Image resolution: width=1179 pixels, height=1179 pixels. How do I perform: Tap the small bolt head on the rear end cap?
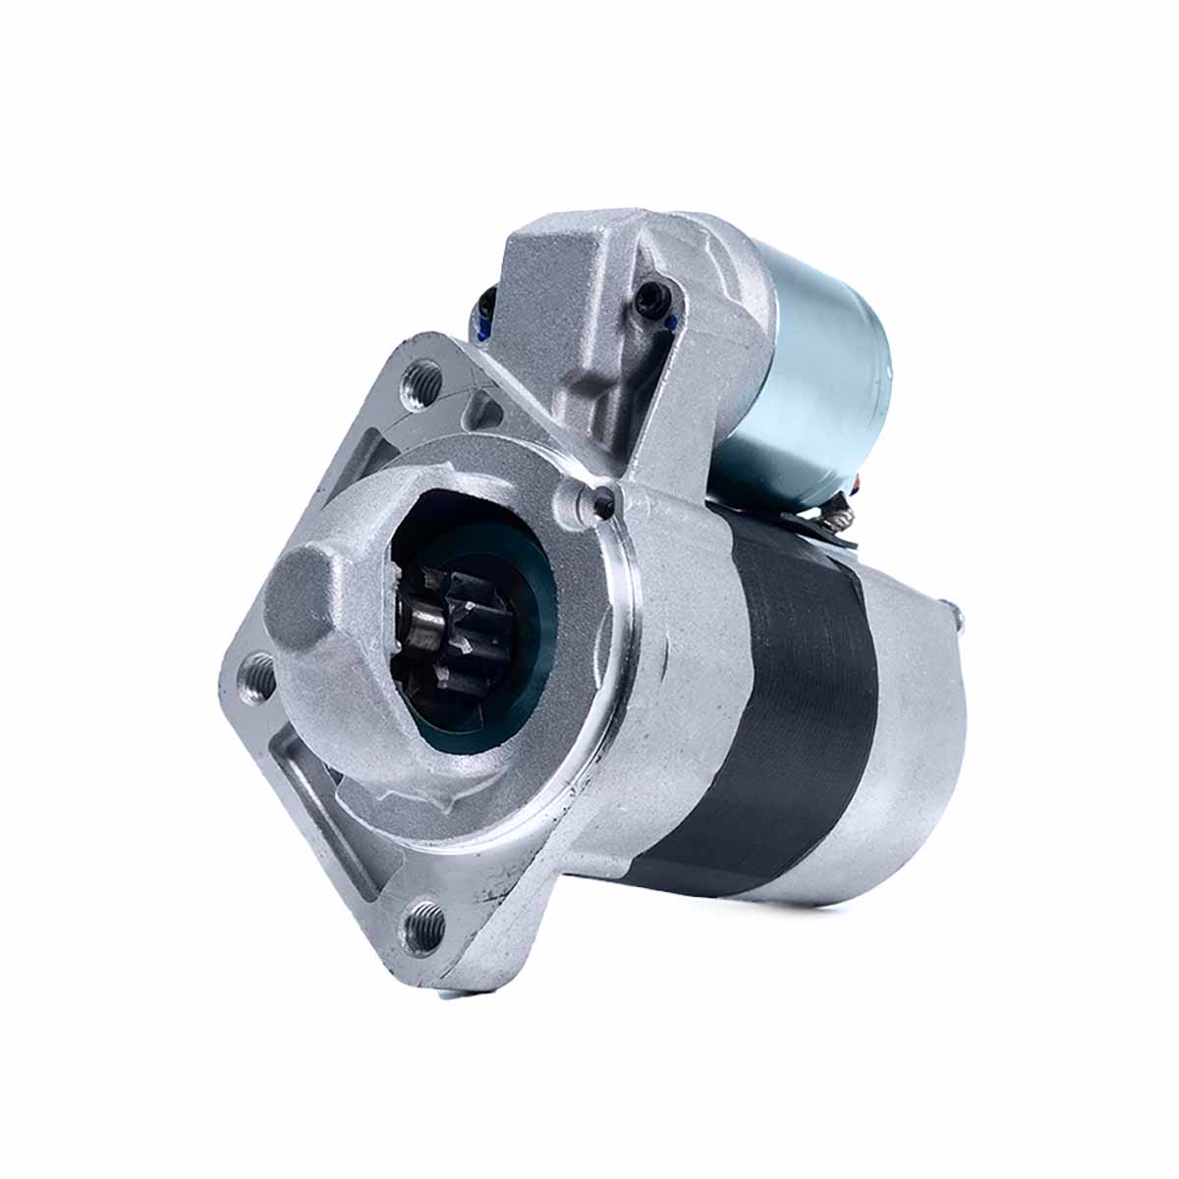pos(958,617)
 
